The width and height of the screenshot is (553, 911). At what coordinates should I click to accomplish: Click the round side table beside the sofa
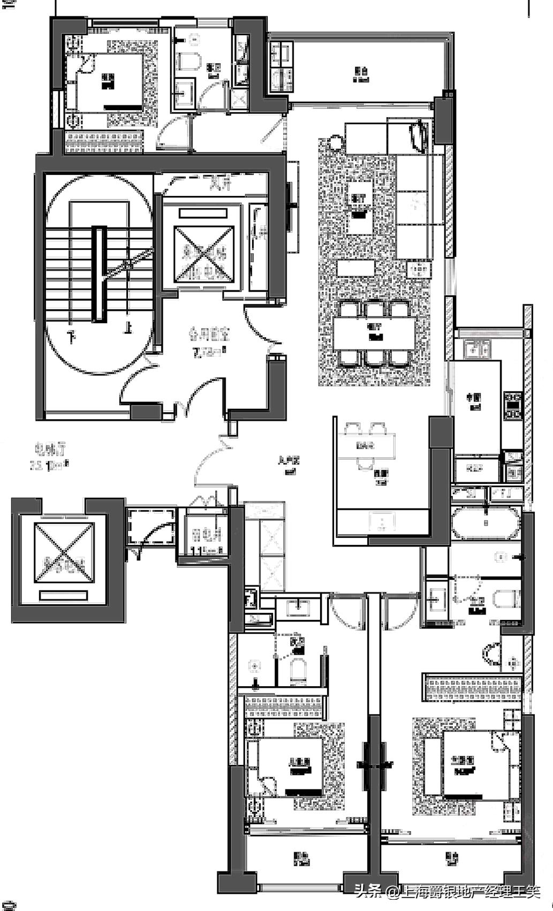point(335,143)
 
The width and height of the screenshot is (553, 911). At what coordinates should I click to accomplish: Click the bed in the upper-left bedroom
point(110,83)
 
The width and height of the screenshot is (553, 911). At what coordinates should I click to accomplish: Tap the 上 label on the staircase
point(127,327)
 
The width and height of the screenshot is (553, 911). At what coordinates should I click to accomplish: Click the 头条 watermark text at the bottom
point(367,892)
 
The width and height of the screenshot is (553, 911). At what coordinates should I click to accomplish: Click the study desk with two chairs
point(366,445)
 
